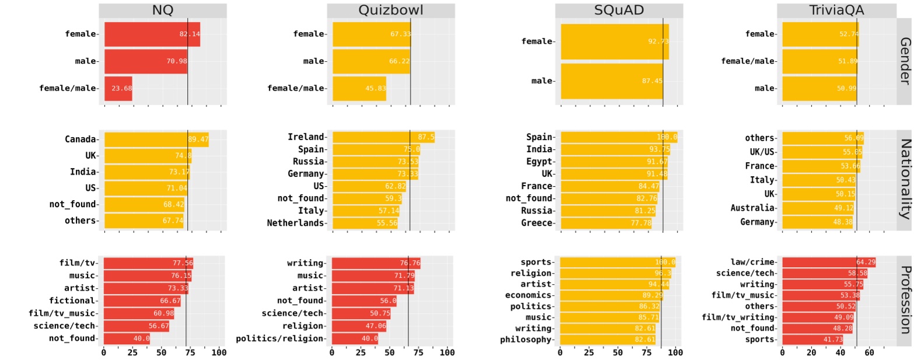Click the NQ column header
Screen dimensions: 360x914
(162, 10)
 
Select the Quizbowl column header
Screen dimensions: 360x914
(390, 10)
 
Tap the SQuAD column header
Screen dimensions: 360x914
(618, 10)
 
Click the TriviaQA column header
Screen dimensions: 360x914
(836, 10)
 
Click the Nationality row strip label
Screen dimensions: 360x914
(904, 179)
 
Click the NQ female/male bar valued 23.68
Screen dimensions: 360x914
(118, 89)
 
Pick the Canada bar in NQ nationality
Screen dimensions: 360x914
(156, 139)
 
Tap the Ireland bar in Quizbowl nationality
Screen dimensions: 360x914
(383, 137)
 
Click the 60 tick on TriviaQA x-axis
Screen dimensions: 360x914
(869, 353)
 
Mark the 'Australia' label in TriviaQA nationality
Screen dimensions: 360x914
(753, 207)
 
